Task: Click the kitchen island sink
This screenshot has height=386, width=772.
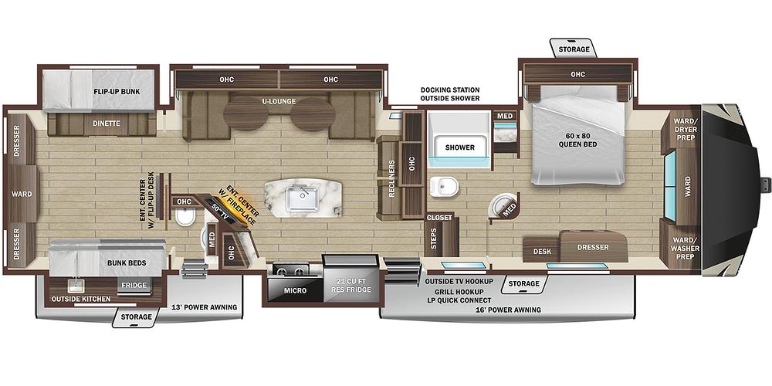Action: (x=303, y=198)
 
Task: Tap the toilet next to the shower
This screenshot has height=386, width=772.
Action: (x=444, y=186)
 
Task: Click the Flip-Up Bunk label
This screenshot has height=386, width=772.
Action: (x=117, y=92)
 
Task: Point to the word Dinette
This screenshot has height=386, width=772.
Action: (x=107, y=123)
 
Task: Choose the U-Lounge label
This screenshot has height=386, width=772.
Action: (x=279, y=101)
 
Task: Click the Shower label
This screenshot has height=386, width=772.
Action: (x=460, y=147)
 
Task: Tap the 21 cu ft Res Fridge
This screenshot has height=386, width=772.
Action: (x=351, y=286)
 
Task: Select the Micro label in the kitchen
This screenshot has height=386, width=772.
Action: (x=296, y=290)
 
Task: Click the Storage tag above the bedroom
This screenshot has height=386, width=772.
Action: (x=574, y=49)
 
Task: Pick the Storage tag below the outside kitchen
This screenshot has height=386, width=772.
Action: (x=137, y=317)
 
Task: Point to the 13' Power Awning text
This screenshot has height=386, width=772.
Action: (x=205, y=307)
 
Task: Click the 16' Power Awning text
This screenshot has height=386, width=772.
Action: (x=509, y=310)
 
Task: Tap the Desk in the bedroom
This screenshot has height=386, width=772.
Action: (x=542, y=251)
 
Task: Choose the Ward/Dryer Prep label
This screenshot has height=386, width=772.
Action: (x=685, y=129)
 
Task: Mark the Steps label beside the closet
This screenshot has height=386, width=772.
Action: (x=433, y=239)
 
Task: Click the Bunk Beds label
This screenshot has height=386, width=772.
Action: (x=127, y=263)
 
